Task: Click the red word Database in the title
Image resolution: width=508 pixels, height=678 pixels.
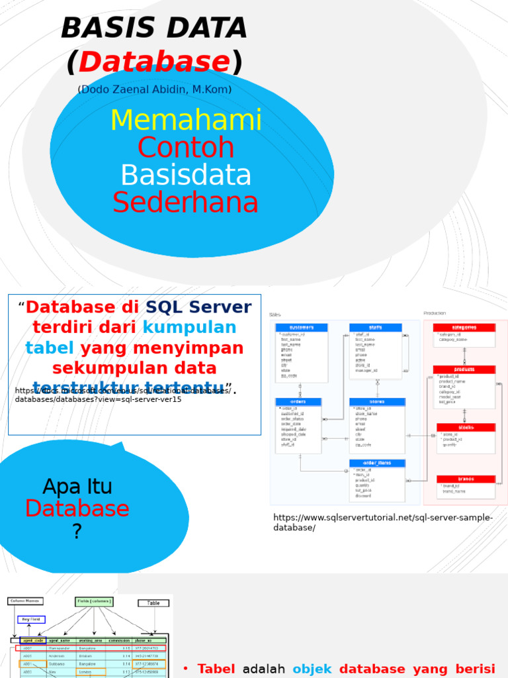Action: (154, 62)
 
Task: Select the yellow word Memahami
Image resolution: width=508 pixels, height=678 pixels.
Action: (186, 121)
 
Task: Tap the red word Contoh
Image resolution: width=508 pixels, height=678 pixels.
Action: (185, 148)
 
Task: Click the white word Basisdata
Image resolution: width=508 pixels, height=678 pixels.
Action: (186, 175)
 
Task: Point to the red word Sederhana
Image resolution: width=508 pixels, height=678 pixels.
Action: (185, 203)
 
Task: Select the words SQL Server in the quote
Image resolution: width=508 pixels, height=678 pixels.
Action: (198, 307)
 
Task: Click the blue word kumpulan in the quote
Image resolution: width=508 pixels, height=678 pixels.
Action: (189, 328)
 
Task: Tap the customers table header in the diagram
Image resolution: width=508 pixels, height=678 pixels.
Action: (302, 328)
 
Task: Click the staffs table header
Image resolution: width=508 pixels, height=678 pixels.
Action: (375, 328)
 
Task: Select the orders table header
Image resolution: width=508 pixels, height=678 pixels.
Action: (298, 402)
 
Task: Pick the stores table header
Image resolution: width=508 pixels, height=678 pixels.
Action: (377, 402)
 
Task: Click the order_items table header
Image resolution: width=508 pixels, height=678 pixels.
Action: (377, 463)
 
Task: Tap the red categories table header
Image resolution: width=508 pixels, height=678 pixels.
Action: (464, 328)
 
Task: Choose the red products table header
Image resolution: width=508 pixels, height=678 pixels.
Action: (464, 369)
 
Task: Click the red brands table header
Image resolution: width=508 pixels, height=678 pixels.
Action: (466, 479)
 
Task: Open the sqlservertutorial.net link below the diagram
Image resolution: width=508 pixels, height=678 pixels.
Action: (383, 522)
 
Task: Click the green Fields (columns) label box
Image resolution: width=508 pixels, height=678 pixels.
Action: (94, 602)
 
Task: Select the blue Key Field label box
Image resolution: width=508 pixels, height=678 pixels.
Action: (31, 620)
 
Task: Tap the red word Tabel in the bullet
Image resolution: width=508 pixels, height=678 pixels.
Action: (216, 669)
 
